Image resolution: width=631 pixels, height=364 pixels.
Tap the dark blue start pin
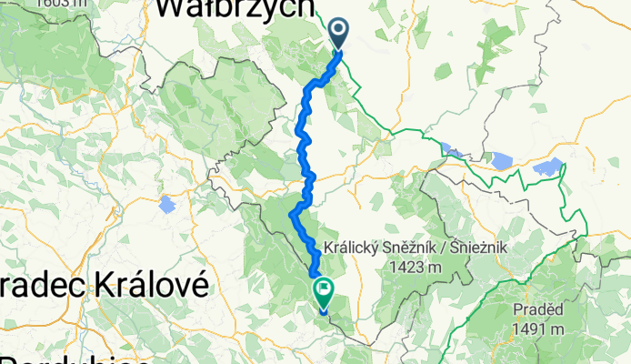click(338, 34)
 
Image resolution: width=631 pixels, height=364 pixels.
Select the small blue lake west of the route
click(166, 205)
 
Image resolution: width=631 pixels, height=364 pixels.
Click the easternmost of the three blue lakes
click(549, 167)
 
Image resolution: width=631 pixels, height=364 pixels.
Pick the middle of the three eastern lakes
click(500, 161)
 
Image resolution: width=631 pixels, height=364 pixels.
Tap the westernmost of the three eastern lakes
click(450, 150)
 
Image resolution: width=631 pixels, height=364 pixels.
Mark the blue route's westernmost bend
click(292, 216)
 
